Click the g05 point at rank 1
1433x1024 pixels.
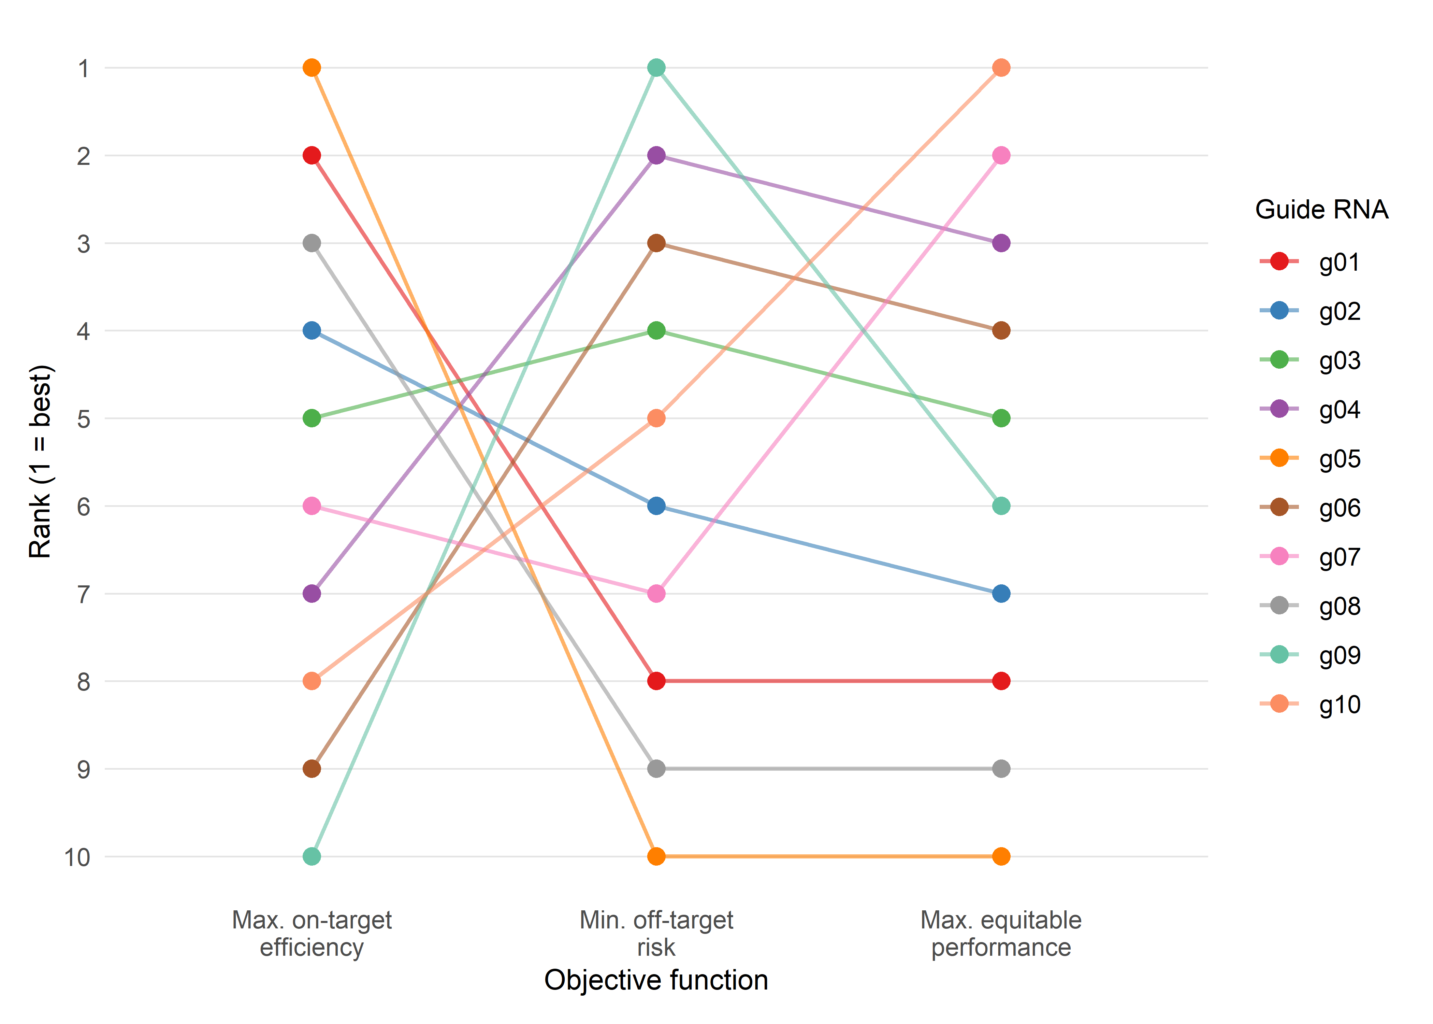[311, 68]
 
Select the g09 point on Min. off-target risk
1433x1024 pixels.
[656, 68]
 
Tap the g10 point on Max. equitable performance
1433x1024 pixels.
[1001, 68]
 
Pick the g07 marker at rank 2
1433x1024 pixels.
[1001, 155]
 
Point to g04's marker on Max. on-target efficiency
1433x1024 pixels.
[311, 593]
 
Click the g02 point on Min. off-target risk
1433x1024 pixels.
[656, 506]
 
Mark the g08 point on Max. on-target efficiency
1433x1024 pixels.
[311, 243]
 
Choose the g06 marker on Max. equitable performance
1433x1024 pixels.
[1001, 330]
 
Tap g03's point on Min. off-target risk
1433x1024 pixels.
[656, 330]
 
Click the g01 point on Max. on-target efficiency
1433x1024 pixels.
[311, 155]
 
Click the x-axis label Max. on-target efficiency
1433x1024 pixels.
[311, 933]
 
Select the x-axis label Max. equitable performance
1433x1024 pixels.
[1001, 933]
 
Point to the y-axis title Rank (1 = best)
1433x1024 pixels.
[40, 461]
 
